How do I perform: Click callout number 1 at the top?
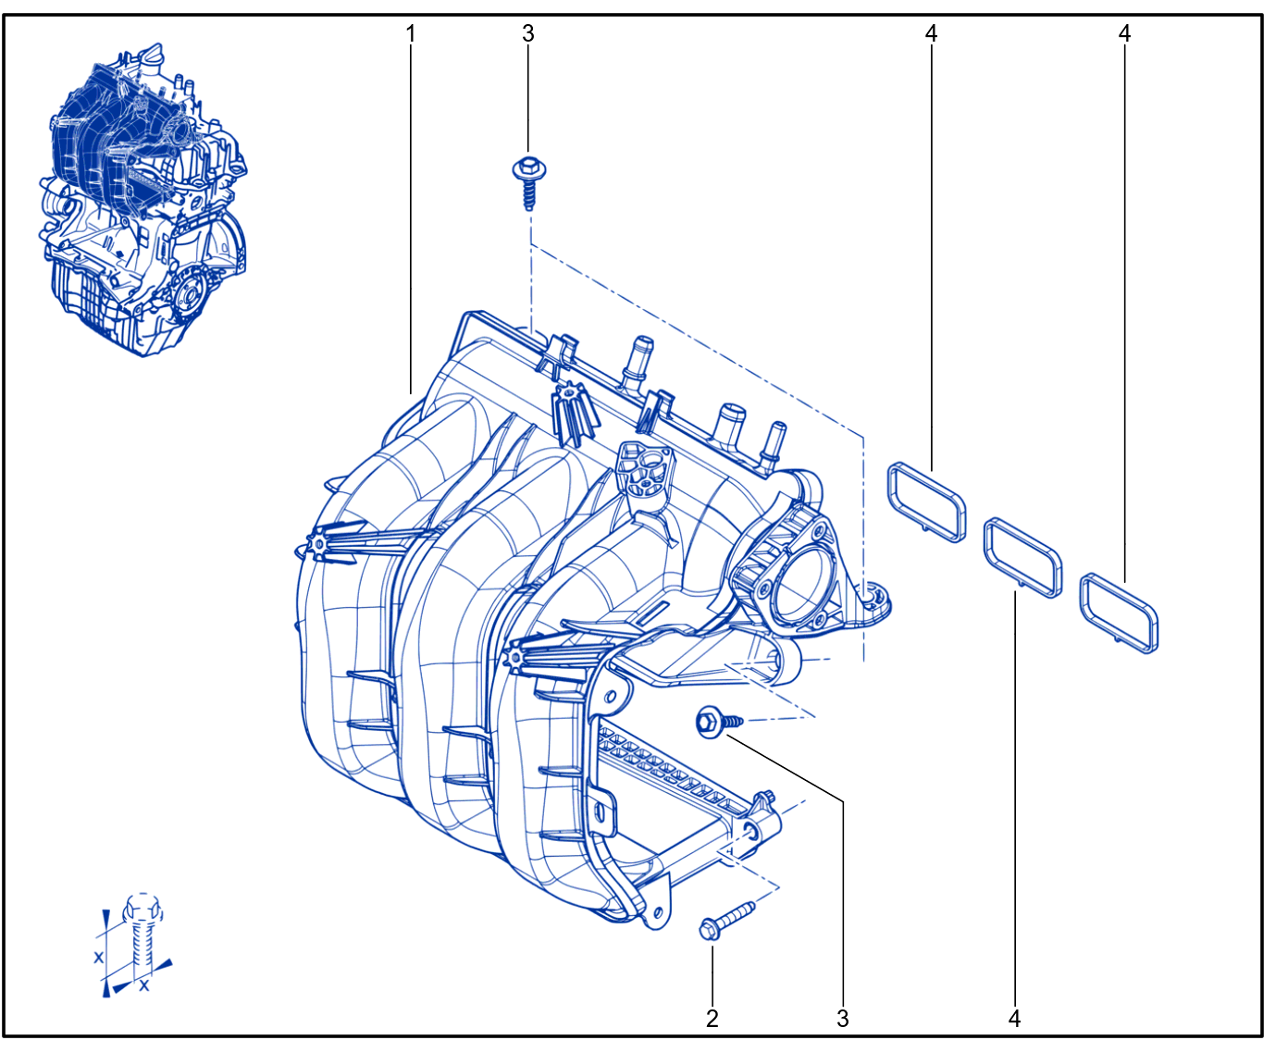[x=411, y=34]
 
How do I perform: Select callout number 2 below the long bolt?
[x=712, y=1019]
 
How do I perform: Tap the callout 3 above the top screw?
[x=528, y=34]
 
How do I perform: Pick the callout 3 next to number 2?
[x=843, y=1019]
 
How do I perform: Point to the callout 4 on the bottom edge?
[x=1015, y=1019]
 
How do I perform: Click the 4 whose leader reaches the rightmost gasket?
[x=1124, y=34]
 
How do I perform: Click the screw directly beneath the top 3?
[x=528, y=182]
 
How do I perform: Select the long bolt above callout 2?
[x=726, y=921]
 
